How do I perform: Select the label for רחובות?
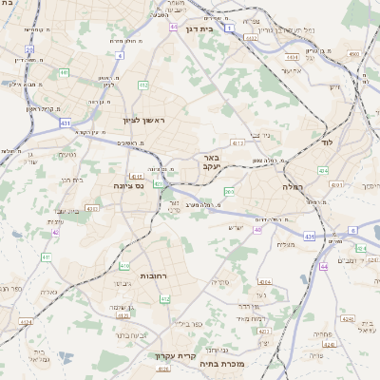pyautogui.click(x=154, y=275)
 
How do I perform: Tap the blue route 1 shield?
pyautogui.click(x=229, y=28)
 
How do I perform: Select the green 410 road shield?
pyautogui.click(x=124, y=267)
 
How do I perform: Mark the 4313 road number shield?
pyautogui.click(x=237, y=143)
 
